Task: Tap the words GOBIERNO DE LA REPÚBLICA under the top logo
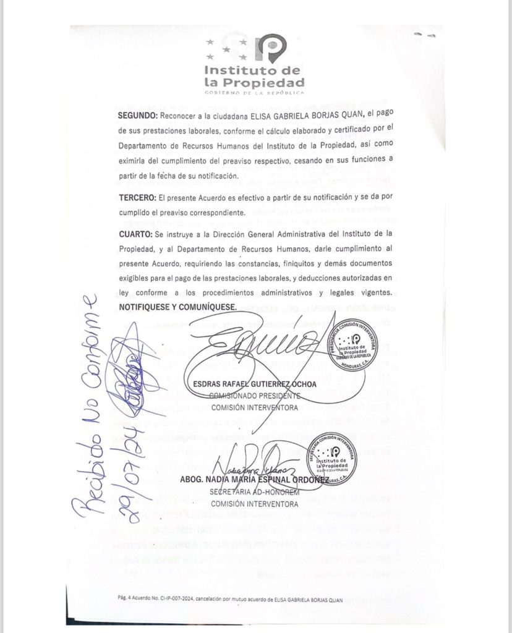click(x=254, y=93)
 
